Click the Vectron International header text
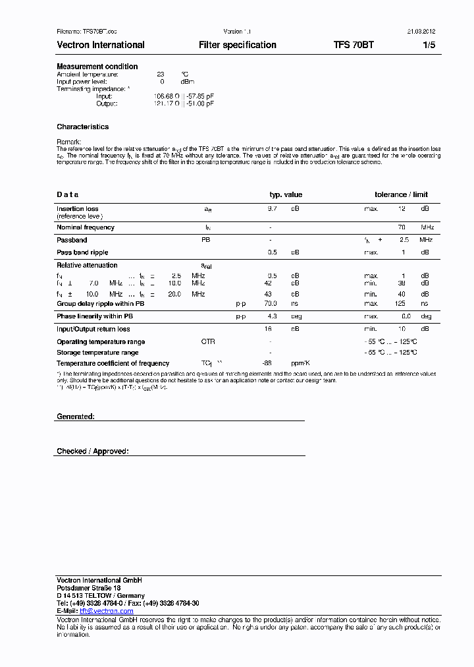[x=101, y=45]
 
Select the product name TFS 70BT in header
[x=354, y=45]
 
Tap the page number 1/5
[x=429, y=45]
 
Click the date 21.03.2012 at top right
[x=421, y=31]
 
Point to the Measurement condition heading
[x=97, y=67]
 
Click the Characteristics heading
[x=82, y=127]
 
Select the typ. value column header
[x=286, y=194]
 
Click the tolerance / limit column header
[x=401, y=194]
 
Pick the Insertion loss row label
[x=78, y=209]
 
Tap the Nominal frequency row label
[x=86, y=227]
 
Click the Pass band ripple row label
[x=82, y=252]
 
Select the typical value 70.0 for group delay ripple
[x=271, y=304]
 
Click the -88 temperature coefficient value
[x=267, y=363]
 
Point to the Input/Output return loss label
[x=93, y=329]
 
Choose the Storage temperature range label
[x=97, y=353]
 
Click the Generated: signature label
[x=76, y=417]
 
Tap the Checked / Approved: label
[x=93, y=451]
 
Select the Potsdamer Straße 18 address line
[x=89, y=588]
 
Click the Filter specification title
[x=238, y=45]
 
